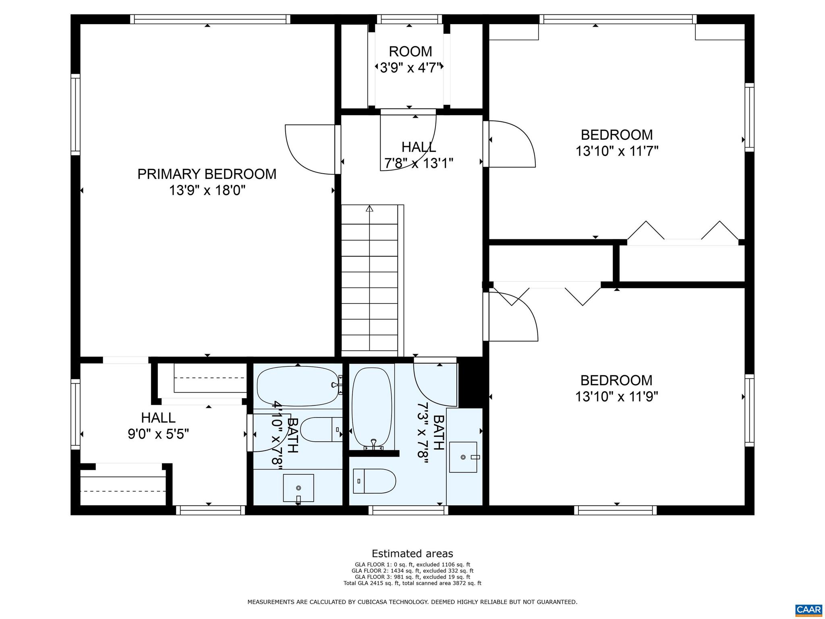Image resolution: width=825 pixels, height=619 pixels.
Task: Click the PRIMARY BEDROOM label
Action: tap(207, 174)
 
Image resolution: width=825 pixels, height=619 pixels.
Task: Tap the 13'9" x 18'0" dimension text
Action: tap(207, 190)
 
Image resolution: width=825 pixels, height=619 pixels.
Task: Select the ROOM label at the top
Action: tap(410, 52)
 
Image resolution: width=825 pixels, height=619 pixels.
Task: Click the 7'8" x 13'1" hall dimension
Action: tap(419, 163)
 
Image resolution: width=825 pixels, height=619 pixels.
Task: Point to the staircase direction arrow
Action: tap(369, 209)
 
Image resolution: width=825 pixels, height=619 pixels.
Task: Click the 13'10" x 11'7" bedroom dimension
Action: tap(617, 151)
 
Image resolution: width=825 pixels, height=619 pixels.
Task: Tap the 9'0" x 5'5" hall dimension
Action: tap(158, 434)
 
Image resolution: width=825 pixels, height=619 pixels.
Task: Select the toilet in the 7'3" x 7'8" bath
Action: tap(374, 481)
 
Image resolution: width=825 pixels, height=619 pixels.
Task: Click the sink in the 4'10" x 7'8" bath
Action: tap(298, 488)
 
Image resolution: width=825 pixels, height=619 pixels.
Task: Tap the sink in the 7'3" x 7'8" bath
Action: tap(463, 457)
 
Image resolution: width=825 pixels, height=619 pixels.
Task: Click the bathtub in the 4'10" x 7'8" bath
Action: tap(298, 386)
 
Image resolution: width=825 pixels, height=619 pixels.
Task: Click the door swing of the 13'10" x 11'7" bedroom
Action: tap(511, 144)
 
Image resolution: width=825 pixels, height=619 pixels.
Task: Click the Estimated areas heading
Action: tap(412, 553)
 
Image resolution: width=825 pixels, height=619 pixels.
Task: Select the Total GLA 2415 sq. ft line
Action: tap(412, 583)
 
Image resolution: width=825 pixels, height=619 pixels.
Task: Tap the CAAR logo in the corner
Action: tap(809, 609)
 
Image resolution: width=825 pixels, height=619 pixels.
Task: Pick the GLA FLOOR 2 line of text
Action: tap(412, 571)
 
